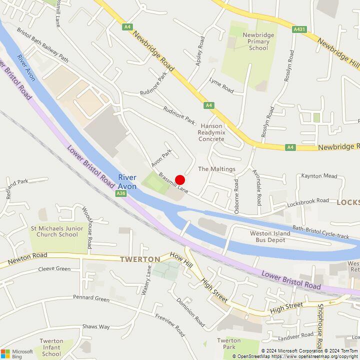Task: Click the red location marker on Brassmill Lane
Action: pos(180,180)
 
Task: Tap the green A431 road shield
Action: pos(299,29)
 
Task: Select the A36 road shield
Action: pos(120,193)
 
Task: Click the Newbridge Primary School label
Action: pos(258,41)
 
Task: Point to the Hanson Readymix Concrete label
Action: pos(211,132)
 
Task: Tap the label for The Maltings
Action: pos(216,169)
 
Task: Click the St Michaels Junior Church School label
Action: pos(57,231)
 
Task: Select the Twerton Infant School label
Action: pos(51,350)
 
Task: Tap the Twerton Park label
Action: pos(229,344)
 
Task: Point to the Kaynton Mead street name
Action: pos(319,176)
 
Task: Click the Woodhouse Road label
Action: pos(87,228)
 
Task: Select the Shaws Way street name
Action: pos(96,326)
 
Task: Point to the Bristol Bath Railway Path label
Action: pos(42,44)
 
